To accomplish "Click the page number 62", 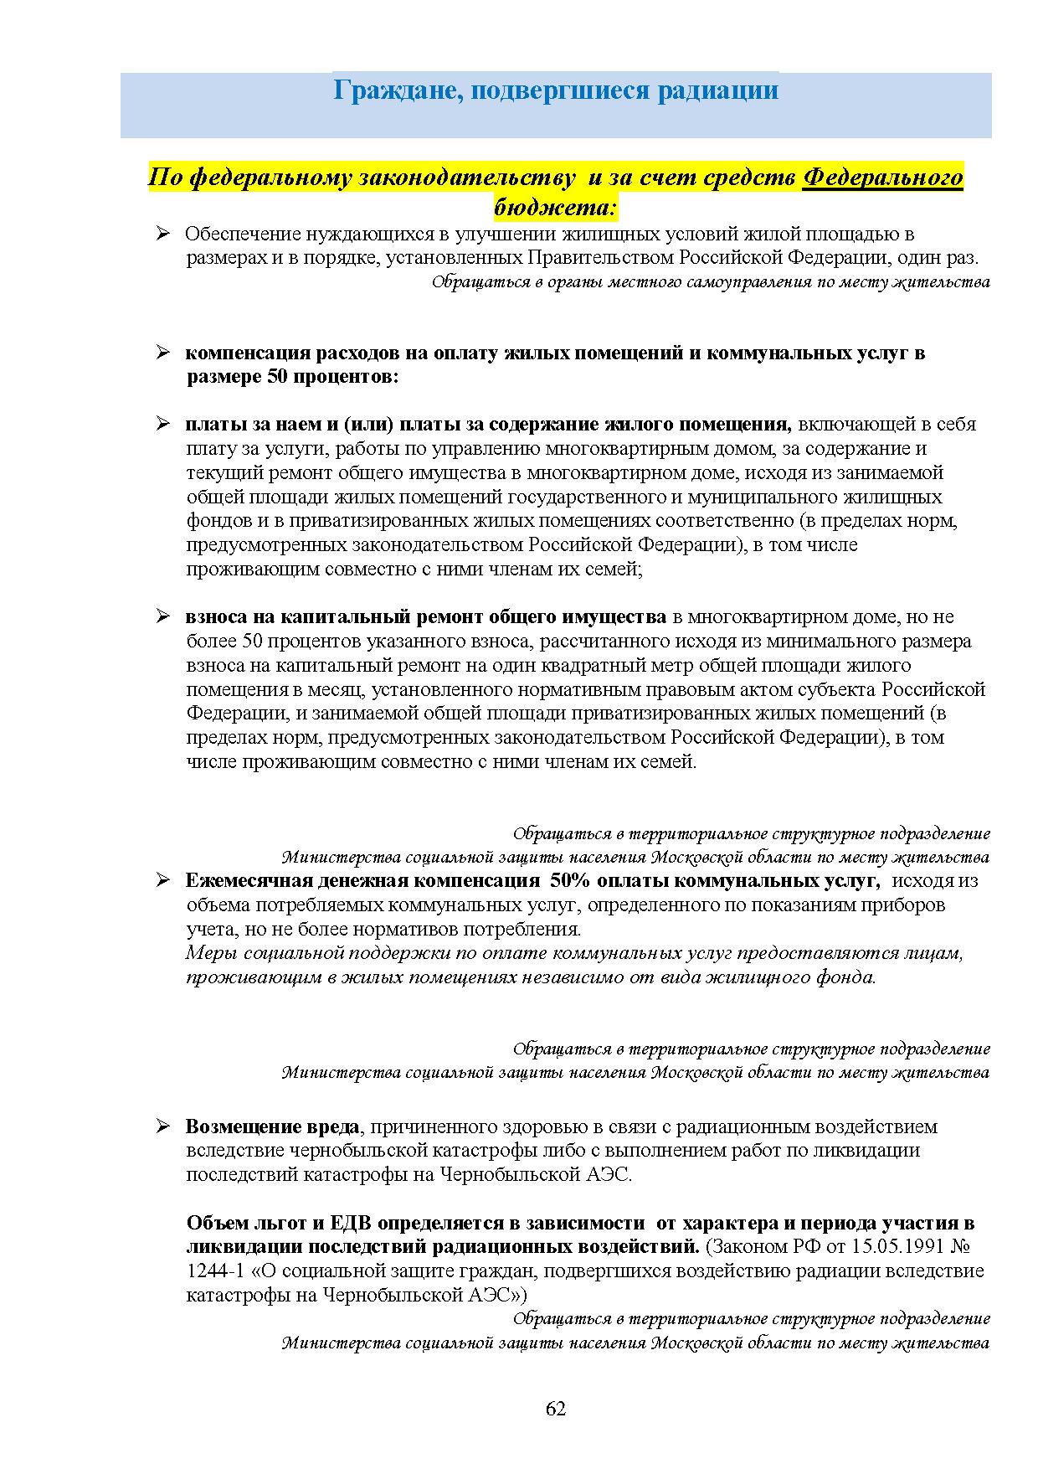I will pyautogui.click(x=556, y=1408).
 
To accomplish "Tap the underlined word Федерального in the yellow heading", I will pyautogui.click(x=882, y=178).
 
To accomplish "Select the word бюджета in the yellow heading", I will pyautogui.click(x=552, y=204).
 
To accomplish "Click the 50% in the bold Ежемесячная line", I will pyautogui.click(x=568, y=881).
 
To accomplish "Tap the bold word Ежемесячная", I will pyautogui.click(x=249, y=881).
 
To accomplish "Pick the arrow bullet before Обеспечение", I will pyautogui.click(x=163, y=234).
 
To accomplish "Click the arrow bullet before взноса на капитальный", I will pyautogui.click(x=163, y=617).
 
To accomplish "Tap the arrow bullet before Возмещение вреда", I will pyautogui.click(x=163, y=1126).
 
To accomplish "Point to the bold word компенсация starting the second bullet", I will pyautogui.click(x=246, y=353).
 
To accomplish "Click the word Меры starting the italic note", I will pyautogui.click(x=207, y=953).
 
